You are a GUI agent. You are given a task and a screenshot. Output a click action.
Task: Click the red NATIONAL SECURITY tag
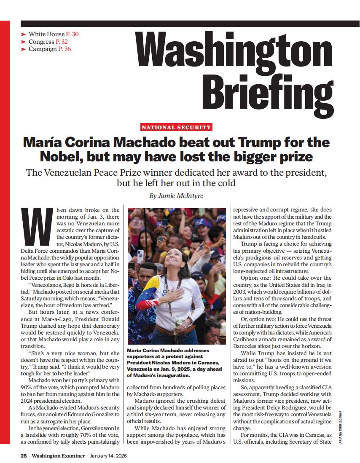pos(176,127)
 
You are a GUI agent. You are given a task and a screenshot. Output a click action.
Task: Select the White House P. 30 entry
pos(53,34)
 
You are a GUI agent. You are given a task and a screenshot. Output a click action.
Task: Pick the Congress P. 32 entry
pos(48,42)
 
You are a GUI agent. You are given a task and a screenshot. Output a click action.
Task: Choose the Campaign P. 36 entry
pos(49,49)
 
